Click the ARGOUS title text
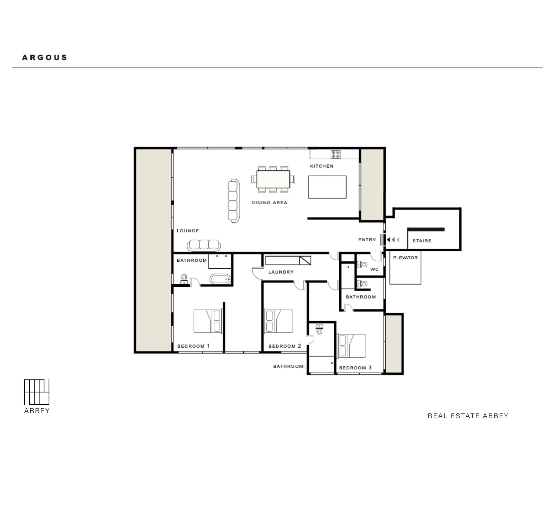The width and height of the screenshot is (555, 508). (x=44, y=57)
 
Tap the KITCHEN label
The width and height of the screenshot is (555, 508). (x=322, y=166)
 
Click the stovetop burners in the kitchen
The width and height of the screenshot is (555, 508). (x=335, y=154)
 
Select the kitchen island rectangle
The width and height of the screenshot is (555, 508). (x=327, y=187)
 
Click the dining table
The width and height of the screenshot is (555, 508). (x=273, y=179)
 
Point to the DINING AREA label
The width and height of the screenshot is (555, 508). (x=269, y=203)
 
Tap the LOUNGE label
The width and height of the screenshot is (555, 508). (x=188, y=231)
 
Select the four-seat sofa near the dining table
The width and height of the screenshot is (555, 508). (x=234, y=201)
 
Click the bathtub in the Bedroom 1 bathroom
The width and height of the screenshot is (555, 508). (x=220, y=279)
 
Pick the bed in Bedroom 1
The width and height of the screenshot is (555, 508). (x=208, y=321)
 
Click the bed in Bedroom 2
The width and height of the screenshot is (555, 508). (x=279, y=321)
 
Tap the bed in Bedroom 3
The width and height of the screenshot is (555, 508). (x=351, y=346)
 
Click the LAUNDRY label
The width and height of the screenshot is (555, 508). (x=281, y=272)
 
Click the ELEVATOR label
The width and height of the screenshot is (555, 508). (x=405, y=258)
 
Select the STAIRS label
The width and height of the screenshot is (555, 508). (x=422, y=241)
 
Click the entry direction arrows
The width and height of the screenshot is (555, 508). (x=393, y=240)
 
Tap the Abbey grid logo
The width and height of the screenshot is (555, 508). (x=37, y=392)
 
